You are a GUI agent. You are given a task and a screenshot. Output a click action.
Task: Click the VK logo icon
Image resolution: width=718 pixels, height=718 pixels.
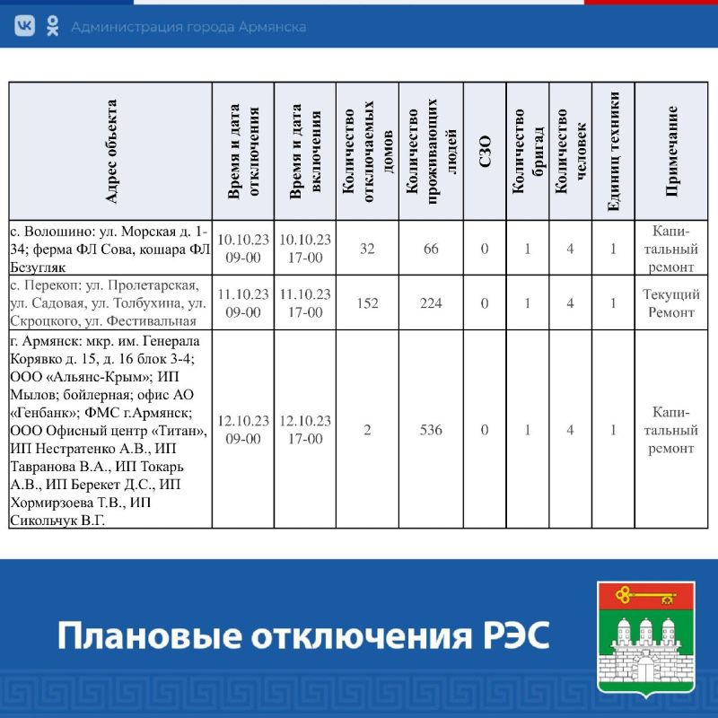click(25, 27)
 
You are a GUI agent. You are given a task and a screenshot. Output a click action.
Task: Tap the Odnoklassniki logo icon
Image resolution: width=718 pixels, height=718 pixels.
click(53, 27)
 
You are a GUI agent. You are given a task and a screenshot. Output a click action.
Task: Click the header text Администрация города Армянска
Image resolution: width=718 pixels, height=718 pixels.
click(188, 27)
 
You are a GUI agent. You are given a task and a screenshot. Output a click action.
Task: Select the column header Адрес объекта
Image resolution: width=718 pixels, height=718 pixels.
click(110, 152)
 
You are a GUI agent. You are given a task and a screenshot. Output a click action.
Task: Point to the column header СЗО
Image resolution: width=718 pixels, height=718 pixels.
click(485, 152)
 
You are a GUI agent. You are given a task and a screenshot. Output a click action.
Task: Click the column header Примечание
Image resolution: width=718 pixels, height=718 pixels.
click(671, 152)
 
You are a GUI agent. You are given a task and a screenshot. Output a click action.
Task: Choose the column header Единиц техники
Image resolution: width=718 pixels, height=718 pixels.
click(614, 152)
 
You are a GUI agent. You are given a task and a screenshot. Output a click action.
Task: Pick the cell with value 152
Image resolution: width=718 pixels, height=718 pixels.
click(367, 303)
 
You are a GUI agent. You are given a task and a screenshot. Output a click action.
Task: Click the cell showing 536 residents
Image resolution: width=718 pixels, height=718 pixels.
click(431, 430)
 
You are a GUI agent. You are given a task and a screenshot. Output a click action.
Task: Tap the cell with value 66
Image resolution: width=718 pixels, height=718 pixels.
click(431, 248)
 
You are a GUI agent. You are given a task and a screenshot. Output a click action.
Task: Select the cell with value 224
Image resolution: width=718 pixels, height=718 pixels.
click(431, 303)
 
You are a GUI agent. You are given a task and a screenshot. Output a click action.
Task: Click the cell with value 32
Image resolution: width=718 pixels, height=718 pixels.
click(367, 248)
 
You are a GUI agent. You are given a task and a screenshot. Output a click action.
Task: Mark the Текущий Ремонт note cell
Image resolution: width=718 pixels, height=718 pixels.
click(671, 303)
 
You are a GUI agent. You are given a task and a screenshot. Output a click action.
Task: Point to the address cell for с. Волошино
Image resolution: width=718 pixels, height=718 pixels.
click(110, 248)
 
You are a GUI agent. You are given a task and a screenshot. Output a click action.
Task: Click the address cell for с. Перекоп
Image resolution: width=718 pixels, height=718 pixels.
click(110, 303)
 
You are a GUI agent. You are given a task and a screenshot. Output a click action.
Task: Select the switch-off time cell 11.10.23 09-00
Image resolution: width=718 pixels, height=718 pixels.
click(243, 303)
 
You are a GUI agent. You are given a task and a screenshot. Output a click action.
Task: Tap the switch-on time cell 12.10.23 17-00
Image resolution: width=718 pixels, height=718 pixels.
click(305, 430)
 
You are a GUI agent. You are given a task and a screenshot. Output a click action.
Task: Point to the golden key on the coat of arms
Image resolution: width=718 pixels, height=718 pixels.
click(646, 594)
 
